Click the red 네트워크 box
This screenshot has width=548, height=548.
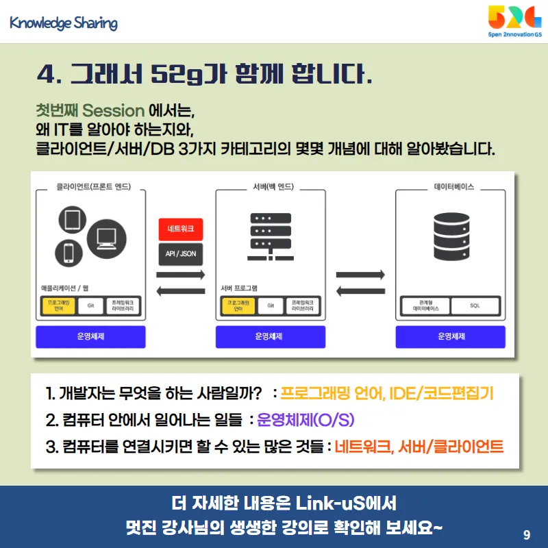180,228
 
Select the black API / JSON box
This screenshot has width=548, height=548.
180,253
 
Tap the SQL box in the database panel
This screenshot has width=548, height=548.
475,306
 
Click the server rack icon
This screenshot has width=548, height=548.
271,236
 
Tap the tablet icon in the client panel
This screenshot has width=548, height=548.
73,221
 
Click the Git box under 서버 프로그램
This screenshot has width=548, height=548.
271,306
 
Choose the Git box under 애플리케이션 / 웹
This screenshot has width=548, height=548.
90,306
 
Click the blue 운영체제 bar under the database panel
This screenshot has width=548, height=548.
451,336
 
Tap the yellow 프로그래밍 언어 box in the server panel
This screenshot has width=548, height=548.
234,306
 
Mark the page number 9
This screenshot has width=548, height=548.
526,534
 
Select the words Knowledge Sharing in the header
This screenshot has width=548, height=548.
64,23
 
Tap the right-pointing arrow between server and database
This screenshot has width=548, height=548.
360,275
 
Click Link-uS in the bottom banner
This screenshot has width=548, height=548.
330,504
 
